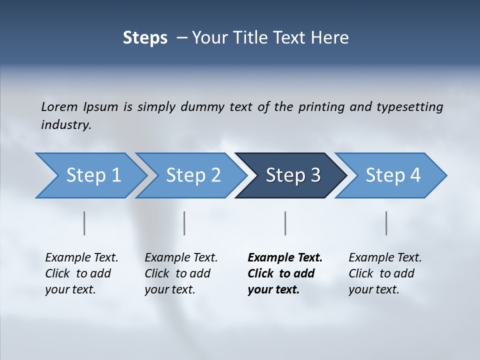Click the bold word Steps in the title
(x=145, y=38)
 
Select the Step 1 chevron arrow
(x=90, y=175)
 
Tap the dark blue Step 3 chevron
(x=291, y=175)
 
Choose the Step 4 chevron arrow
(x=391, y=175)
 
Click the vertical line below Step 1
(x=84, y=223)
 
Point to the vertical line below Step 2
(x=184, y=223)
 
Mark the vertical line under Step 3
(x=285, y=223)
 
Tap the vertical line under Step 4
(x=386, y=223)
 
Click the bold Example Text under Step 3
(x=285, y=258)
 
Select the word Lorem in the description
(x=59, y=107)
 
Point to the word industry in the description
(x=65, y=125)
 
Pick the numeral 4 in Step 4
(x=415, y=175)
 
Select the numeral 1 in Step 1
(x=116, y=175)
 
